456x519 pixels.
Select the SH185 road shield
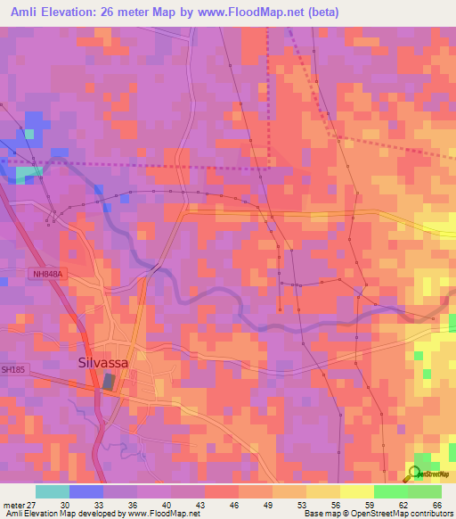(x=12, y=368)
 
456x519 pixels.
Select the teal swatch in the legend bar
(x=53, y=491)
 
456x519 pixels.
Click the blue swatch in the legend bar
(x=86, y=491)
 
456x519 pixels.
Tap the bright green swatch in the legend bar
(x=390, y=491)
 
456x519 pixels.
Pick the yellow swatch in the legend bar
(x=356, y=491)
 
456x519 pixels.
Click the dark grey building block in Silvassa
(x=109, y=382)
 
